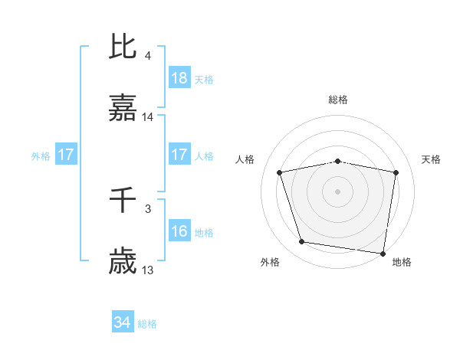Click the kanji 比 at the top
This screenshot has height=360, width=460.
[x=123, y=47]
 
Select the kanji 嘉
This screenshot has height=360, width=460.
[x=123, y=110]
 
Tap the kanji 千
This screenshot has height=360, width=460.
[x=123, y=200]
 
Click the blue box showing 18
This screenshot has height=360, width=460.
[x=179, y=78]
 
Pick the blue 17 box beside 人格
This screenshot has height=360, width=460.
[x=179, y=155]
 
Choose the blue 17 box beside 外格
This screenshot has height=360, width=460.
[x=66, y=155]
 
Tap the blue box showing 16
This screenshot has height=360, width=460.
[x=179, y=231]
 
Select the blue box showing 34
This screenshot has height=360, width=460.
[x=123, y=322]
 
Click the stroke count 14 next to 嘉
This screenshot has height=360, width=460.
[x=148, y=117]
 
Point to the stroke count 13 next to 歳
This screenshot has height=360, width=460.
[x=148, y=270]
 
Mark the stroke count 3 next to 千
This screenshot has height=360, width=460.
[x=148, y=208]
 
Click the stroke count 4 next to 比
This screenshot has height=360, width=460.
[x=148, y=55]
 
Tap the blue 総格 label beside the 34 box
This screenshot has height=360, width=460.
[x=147, y=324]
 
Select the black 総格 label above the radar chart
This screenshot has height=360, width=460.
[x=338, y=100]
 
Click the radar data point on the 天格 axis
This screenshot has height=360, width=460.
[x=396, y=172]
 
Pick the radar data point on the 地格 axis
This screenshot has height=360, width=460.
[x=382, y=252]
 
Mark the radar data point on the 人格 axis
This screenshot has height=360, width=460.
[x=280, y=172]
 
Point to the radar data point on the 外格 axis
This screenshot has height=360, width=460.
[x=302, y=241]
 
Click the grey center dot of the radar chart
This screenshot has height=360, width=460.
[x=338, y=191]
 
